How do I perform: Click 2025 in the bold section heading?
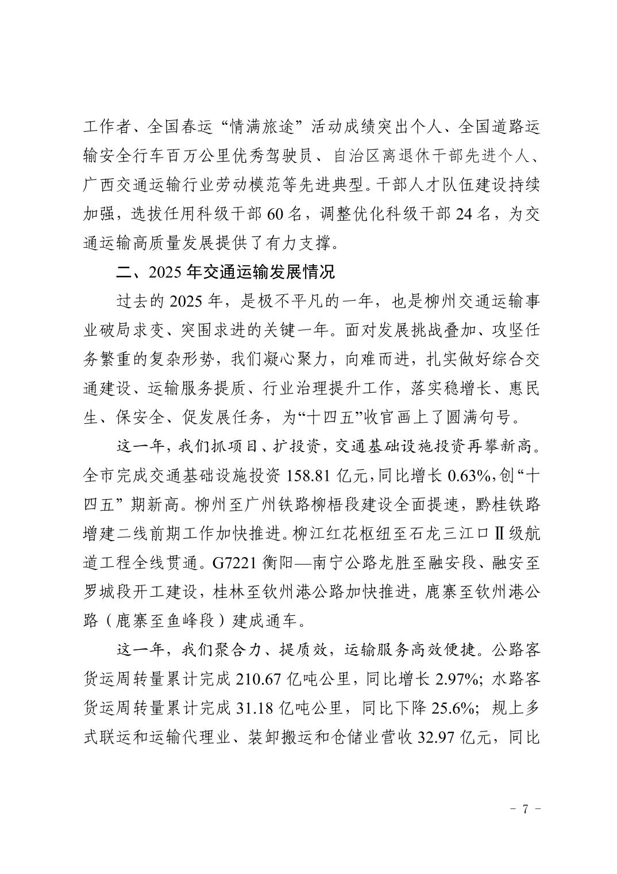click(x=165, y=272)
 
